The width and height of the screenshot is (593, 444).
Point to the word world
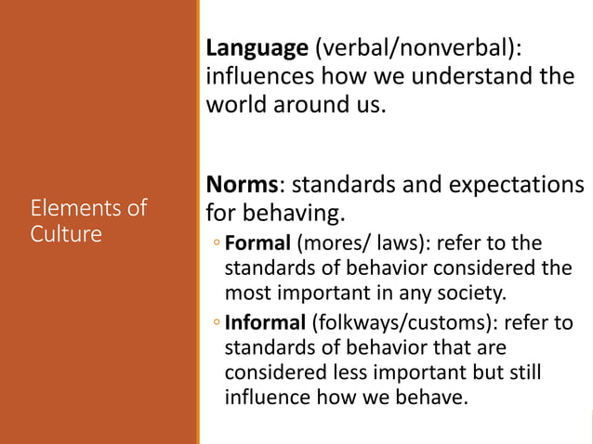[236, 104]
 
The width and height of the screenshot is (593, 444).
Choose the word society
[472, 295]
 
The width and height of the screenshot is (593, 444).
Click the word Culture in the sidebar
[66, 233]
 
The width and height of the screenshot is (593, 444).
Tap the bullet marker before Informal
[215, 325]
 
